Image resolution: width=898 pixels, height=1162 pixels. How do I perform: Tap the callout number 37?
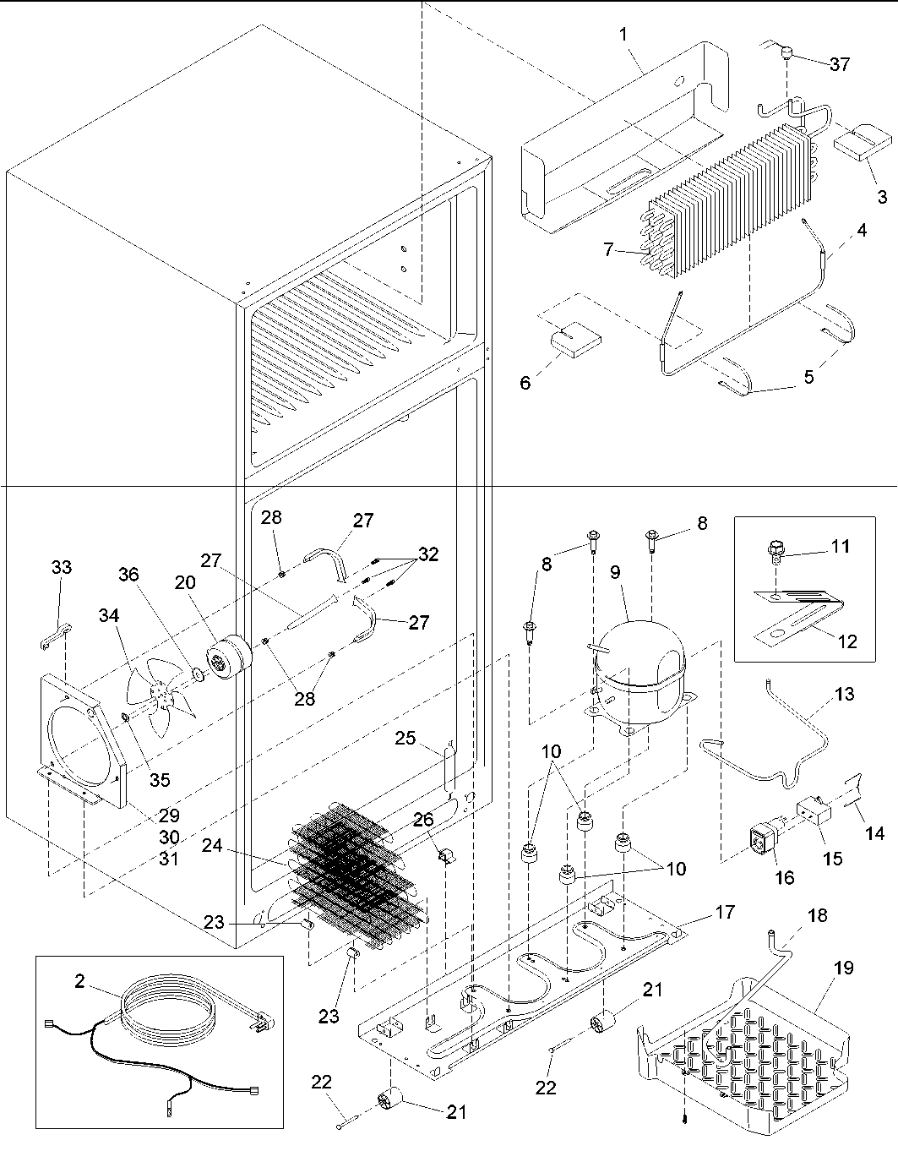pos(839,64)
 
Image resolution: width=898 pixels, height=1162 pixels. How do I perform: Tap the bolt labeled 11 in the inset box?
pos(775,550)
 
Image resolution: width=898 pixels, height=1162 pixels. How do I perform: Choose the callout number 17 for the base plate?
pos(724,913)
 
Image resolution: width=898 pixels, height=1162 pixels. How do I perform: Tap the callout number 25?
pos(405,739)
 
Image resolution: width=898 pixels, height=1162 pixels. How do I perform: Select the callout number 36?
pos(128,574)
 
